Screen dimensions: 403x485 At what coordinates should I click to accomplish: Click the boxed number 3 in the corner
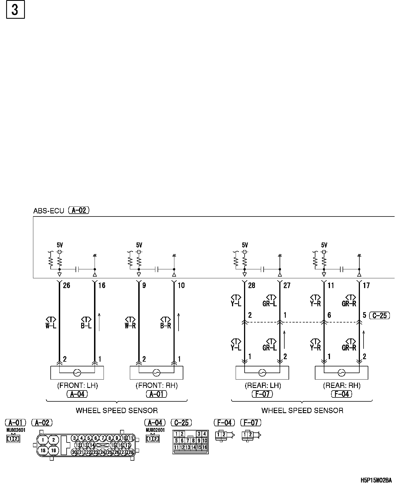tap(15, 10)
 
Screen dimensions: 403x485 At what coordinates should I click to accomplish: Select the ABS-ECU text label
tap(49, 211)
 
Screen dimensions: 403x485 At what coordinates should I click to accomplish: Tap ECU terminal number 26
tap(67, 285)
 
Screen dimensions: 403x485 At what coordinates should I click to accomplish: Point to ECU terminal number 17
tap(366, 285)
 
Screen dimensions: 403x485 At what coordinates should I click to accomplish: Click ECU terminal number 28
tap(252, 285)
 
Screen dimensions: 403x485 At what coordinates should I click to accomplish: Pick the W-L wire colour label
tap(51, 326)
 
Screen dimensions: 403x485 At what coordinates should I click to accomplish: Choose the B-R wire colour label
tap(166, 326)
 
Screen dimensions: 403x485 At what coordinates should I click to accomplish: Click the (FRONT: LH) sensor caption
tap(78, 386)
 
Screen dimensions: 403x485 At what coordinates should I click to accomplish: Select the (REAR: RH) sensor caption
tap(342, 386)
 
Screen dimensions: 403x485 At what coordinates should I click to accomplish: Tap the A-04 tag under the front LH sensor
tap(77, 394)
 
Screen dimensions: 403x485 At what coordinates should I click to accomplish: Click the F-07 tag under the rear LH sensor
tap(262, 394)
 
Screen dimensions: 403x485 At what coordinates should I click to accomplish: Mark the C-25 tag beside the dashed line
tap(380, 316)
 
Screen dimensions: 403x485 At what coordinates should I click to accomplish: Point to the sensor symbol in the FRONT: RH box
tap(156, 373)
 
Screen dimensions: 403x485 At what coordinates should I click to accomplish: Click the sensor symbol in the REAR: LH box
tap(262, 373)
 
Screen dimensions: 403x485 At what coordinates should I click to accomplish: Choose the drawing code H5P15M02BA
tap(376, 481)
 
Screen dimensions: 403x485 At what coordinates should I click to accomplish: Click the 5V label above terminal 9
tap(139, 245)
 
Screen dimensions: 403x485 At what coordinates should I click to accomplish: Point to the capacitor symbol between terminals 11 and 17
tap(341, 269)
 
